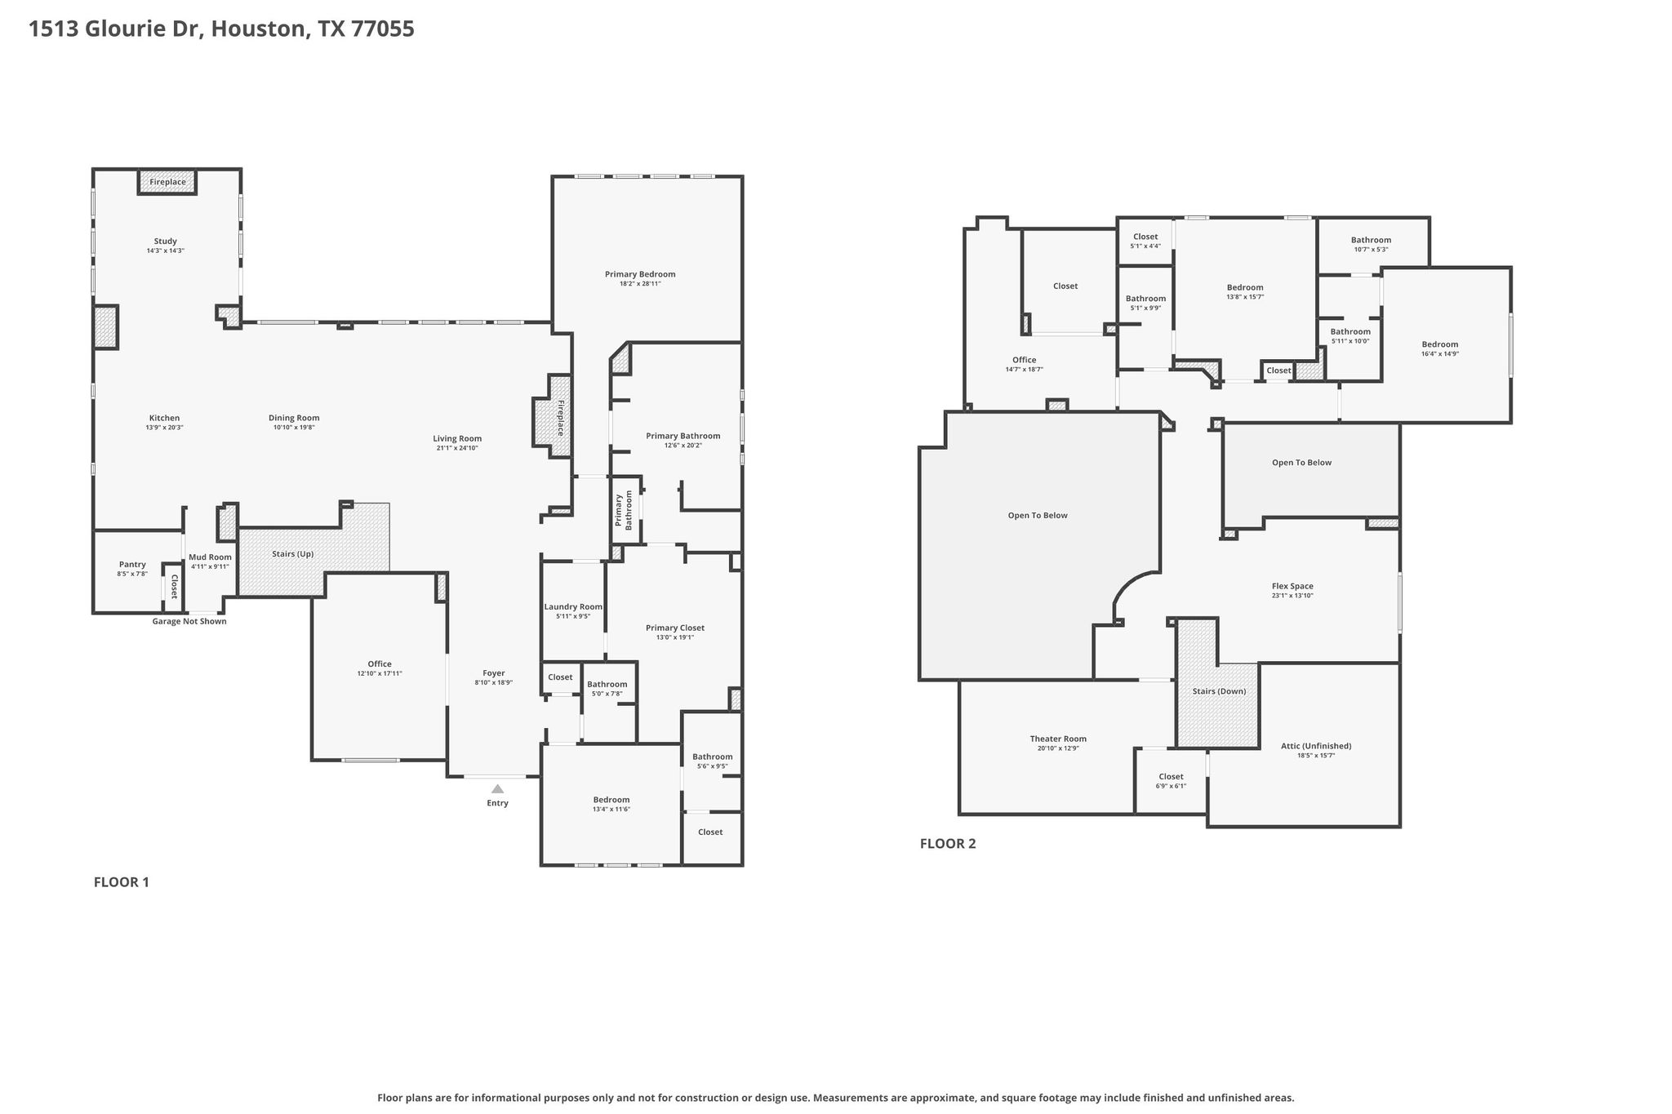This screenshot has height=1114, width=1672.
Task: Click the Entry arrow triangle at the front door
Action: pyautogui.click(x=497, y=788)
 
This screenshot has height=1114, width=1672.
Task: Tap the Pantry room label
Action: pyautogui.click(x=132, y=564)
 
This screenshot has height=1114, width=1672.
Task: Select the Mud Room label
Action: pyautogui.click(x=210, y=557)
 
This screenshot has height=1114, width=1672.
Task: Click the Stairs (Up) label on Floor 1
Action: pyautogui.click(x=292, y=553)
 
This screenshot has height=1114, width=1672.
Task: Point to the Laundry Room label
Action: pyautogui.click(x=573, y=606)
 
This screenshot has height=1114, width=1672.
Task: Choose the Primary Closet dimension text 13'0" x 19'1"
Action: pyautogui.click(x=674, y=637)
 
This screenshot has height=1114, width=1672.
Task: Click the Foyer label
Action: pyautogui.click(x=493, y=673)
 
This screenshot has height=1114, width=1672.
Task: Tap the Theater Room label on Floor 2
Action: pyautogui.click(x=1058, y=739)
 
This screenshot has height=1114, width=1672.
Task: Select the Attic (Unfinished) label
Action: pyautogui.click(x=1316, y=746)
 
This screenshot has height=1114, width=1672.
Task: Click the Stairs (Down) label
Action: pyautogui.click(x=1219, y=691)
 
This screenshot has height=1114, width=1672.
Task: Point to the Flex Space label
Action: pyautogui.click(x=1292, y=586)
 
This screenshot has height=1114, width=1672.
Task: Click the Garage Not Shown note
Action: pyautogui.click(x=189, y=621)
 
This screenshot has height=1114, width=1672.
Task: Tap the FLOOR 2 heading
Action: pyautogui.click(x=948, y=844)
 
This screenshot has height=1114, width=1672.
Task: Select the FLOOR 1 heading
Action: pyautogui.click(x=122, y=882)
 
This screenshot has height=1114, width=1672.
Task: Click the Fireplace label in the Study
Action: pyautogui.click(x=167, y=182)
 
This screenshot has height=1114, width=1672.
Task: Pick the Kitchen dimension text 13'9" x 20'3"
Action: pyautogui.click(x=164, y=427)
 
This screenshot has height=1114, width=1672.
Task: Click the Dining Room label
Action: pyautogui.click(x=294, y=418)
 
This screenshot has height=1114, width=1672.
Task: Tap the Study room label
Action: pyautogui.click(x=166, y=242)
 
